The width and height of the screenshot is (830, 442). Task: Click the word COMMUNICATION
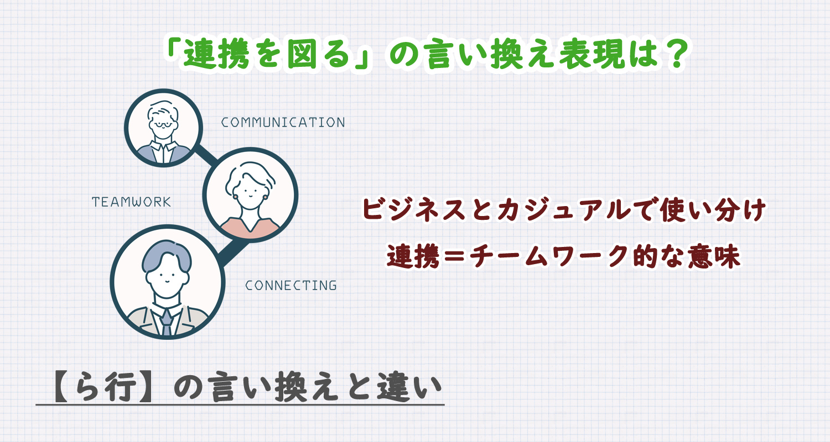283,122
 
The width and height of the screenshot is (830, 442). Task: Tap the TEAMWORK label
132,202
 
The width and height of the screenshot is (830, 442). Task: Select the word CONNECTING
291,286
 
